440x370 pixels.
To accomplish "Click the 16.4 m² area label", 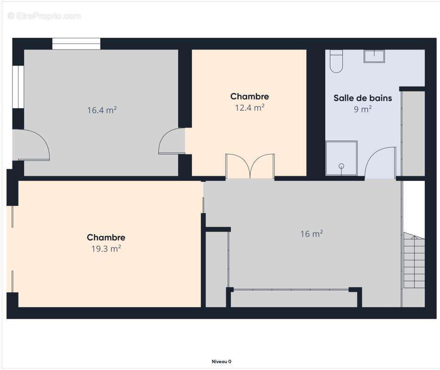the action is point(102,110).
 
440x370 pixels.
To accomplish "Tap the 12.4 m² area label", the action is point(250,107).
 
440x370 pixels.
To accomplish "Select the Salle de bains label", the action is point(363,98).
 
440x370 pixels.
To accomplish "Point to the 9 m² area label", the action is point(363,109).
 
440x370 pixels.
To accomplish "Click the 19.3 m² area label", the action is point(106,248).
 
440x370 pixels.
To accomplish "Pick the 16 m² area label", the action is point(311,234).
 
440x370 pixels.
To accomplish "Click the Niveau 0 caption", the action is point(222,362).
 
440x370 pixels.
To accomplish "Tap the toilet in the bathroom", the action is point(336,62).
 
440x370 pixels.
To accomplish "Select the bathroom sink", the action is point(374,56).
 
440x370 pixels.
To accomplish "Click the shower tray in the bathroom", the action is point(341,159).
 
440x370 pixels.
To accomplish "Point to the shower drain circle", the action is point(341,166).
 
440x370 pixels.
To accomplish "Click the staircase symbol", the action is point(414,260).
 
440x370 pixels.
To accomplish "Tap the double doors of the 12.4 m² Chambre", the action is point(250,166).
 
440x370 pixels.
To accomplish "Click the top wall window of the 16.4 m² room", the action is point(76,44).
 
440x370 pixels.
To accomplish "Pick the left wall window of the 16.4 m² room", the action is point(18,86).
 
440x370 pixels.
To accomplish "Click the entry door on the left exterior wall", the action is point(31,145).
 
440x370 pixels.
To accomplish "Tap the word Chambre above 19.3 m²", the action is point(106,237).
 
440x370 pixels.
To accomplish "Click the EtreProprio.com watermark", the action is point(44,16).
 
